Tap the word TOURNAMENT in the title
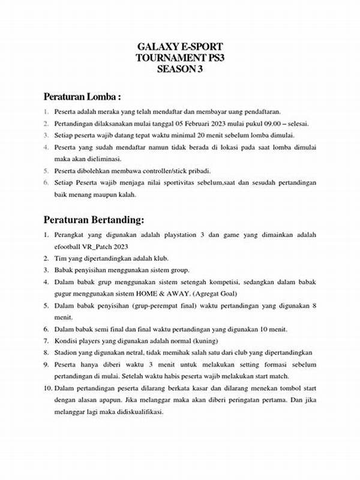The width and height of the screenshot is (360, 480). click(x=171, y=58)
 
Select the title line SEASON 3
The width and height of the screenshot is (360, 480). click(x=180, y=69)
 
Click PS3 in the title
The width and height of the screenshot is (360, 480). click(x=217, y=58)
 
